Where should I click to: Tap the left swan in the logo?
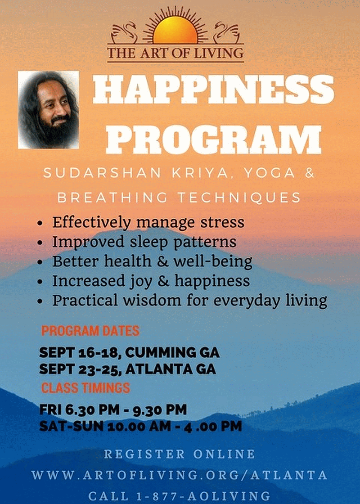click(x=124, y=32)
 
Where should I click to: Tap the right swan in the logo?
click(x=227, y=32)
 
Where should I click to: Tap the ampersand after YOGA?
click(x=310, y=173)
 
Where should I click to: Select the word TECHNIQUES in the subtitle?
click(x=239, y=198)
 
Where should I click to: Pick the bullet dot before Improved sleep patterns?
click(x=40, y=243)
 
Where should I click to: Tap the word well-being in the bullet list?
click(x=213, y=261)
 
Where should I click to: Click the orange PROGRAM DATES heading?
click(x=90, y=331)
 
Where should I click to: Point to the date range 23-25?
click(x=99, y=369)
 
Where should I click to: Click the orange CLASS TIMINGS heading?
click(x=86, y=388)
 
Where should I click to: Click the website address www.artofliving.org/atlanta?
click(x=180, y=475)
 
